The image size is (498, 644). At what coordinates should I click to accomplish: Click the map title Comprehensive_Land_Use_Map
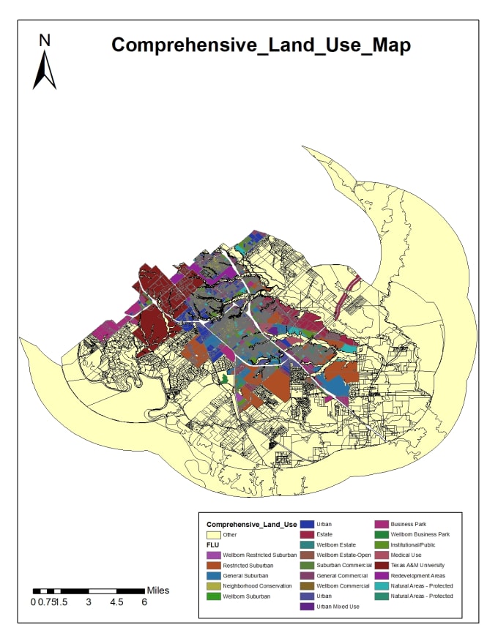pos(261,45)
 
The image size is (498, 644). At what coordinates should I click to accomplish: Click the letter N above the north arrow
pos(45,40)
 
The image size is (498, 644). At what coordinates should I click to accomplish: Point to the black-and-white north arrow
pos(45,71)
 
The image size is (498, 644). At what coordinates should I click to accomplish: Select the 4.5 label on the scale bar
pos(116,602)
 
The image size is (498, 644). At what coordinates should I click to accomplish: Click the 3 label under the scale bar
pos(89,602)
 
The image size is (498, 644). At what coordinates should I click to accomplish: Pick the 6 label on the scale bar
pos(144,602)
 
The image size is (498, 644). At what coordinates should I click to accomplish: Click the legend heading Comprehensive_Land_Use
pos(251,524)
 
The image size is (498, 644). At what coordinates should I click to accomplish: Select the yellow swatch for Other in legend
pos(212,534)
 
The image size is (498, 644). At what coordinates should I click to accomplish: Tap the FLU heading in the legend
pos(214,544)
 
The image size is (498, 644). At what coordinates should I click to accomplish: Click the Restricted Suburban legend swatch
pos(212,565)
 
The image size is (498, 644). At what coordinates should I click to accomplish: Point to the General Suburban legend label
pos(246,575)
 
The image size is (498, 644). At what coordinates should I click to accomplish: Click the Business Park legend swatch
pos(382,524)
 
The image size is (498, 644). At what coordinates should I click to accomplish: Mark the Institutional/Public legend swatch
pos(382,544)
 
